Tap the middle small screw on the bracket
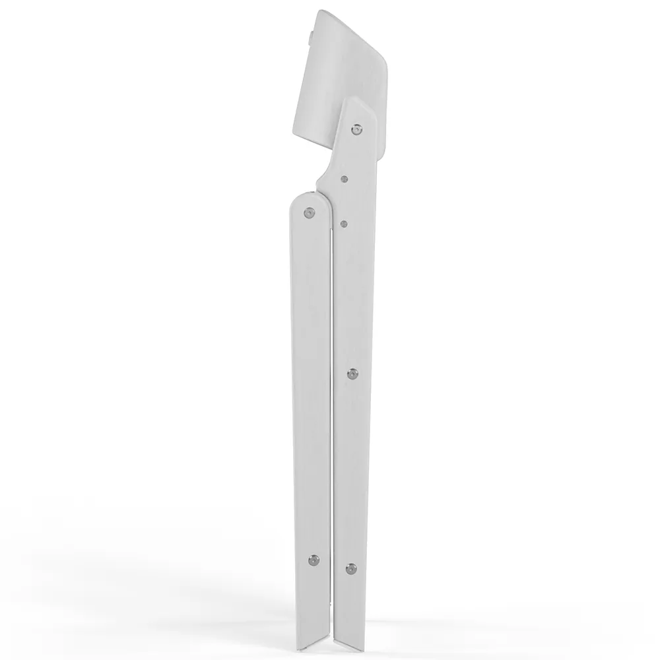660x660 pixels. [345, 178]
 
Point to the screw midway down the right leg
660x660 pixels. [351, 374]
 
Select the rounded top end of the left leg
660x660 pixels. [309, 195]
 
